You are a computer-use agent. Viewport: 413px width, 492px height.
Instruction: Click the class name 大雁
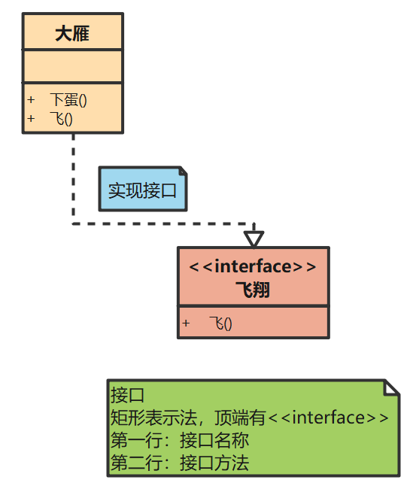(x=72, y=33)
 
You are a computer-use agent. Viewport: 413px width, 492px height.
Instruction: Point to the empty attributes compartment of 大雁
(x=72, y=67)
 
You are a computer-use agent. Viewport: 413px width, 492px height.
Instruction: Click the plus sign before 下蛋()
(x=31, y=100)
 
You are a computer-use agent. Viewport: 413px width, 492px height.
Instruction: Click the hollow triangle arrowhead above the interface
(x=254, y=238)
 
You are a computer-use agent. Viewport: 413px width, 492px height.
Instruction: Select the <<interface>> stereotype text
(x=253, y=267)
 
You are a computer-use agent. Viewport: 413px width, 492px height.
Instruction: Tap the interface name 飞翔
(x=253, y=290)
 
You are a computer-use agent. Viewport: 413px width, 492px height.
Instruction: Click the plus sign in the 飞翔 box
(x=186, y=323)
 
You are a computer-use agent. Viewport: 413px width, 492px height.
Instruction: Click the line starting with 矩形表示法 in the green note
(x=249, y=418)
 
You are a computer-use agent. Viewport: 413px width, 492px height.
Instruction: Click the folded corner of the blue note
(x=180, y=172)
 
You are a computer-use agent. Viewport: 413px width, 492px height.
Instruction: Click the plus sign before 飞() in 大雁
(x=31, y=118)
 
